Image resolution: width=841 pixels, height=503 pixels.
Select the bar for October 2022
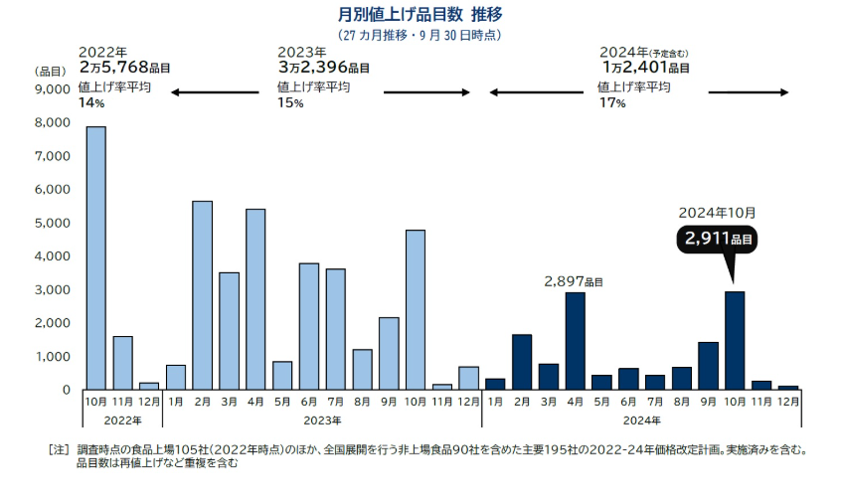coord(96,257)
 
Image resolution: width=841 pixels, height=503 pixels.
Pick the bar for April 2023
coord(255,298)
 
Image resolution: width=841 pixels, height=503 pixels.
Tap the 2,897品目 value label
coord(574,282)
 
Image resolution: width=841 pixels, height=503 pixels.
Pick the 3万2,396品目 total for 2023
coord(324,68)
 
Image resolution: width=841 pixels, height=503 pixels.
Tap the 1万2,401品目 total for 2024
coord(645,68)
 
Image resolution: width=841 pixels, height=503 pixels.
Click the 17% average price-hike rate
coord(610,103)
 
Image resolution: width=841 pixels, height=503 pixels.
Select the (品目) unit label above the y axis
coord(51,71)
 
